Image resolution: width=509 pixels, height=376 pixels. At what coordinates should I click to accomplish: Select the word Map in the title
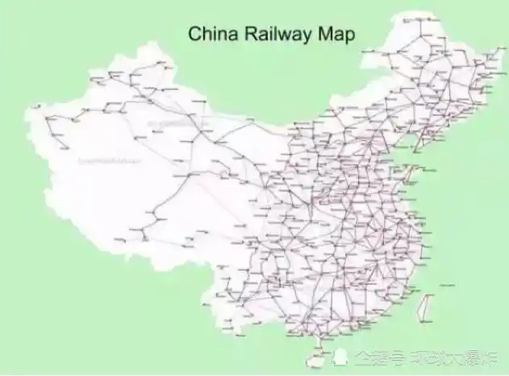337,35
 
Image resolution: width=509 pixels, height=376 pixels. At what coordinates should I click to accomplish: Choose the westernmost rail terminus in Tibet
121,239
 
